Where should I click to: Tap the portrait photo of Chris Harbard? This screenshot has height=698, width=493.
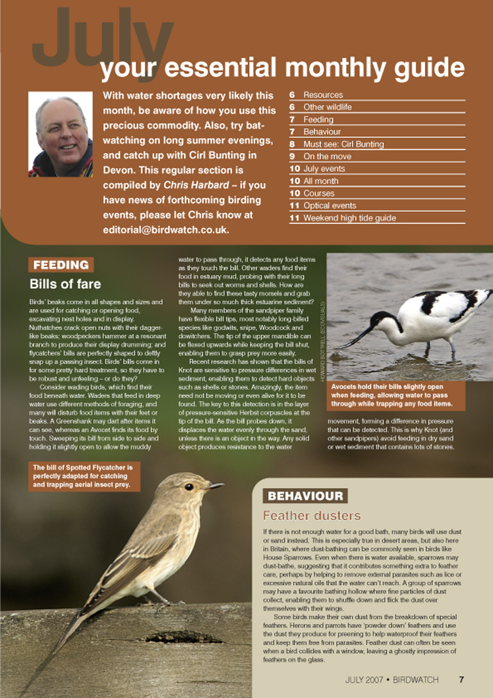pyautogui.click(x=60, y=134)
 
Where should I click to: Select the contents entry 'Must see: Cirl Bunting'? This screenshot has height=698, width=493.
pyautogui.click(x=343, y=144)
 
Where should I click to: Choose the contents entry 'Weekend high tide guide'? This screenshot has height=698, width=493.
pyautogui.click(x=349, y=218)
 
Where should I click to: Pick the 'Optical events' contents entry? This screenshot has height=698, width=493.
pyautogui.click(x=329, y=206)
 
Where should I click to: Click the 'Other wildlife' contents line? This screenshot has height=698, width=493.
pyautogui.click(x=327, y=107)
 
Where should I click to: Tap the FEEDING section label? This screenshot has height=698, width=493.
pyautogui.click(x=61, y=265)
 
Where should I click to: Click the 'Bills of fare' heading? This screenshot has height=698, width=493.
pyautogui.click(x=65, y=284)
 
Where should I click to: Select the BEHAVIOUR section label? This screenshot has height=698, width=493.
pyautogui.click(x=305, y=496)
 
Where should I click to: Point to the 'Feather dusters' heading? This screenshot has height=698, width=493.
pyautogui.click(x=311, y=515)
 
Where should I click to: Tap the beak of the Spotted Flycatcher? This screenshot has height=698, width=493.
pyautogui.click(x=214, y=485)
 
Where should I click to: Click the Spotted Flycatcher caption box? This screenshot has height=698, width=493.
pyautogui.click(x=85, y=476)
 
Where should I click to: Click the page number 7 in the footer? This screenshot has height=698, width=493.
pyautogui.click(x=461, y=679)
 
